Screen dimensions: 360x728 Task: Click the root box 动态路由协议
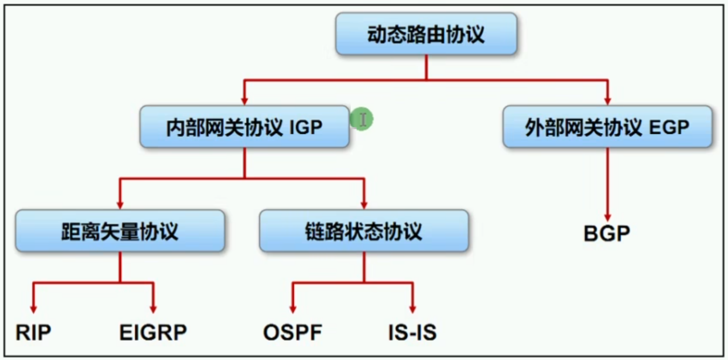pyautogui.click(x=426, y=34)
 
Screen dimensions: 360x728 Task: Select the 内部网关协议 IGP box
pyautogui.click(x=244, y=127)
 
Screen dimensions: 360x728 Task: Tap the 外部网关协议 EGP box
pyautogui.click(x=607, y=127)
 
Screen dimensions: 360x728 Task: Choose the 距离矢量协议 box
pyautogui.click(x=120, y=231)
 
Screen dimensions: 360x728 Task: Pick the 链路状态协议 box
pyautogui.click(x=364, y=231)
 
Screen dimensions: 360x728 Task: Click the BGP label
pyautogui.click(x=607, y=234)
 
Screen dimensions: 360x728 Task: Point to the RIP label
pyautogui.click(x=34, y=333)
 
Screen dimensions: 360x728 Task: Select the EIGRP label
pyautogui.click(x=153, y=333)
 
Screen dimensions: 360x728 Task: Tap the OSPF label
pyautogui.click(x=293, y=333)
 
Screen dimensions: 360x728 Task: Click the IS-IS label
pyautogui.click(x=412, y=333)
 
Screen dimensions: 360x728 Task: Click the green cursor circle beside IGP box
pyautogui.click(x=362, y=119)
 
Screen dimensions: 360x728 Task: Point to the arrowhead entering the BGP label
pyautogui.click(x=607, y=218)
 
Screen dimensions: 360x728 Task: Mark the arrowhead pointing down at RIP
pyautogui.click(x=34, y=308)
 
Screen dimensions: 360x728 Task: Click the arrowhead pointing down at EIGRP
pyautogui.click(x=153, y=308)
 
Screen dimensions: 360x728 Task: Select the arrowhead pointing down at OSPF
pyautogui.click(x=293, y=308)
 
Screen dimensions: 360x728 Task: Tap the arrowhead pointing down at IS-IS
pyautogui.click(x=412, y=308)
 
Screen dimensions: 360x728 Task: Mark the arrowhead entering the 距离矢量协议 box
pyautogui.click(x=120, y=204)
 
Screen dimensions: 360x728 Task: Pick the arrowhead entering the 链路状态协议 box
pyautogui.click(x=364, y=204)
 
